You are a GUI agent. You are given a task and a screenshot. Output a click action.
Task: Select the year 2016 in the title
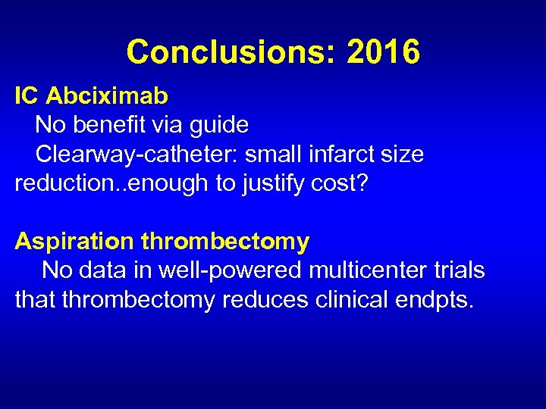(x=383, y=52)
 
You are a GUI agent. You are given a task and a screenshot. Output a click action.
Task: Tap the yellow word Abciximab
(x=107, y=96)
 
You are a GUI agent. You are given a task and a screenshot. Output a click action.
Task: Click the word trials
(x=457, y=270)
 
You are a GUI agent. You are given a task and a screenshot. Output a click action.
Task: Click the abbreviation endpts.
(x=435, y=300)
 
